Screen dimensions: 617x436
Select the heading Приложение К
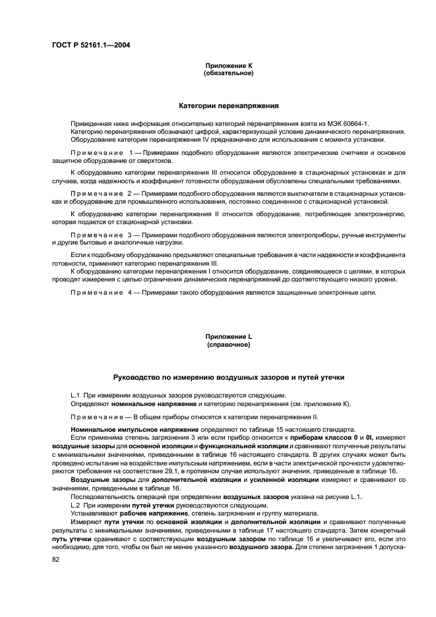pyautogui.click(x=229, y=66)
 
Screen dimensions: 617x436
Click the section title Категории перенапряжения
pyautogui.click(x=229, y=105)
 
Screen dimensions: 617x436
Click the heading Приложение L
pyautogui.click(x=229, y=337)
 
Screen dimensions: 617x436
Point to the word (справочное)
pyautogui.click(x=229, y=344)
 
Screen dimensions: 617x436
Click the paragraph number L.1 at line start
pyautogui.click(x=75, y=395)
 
